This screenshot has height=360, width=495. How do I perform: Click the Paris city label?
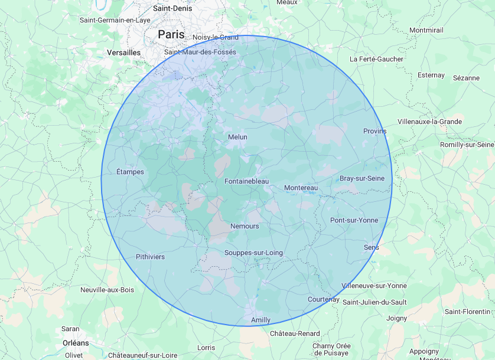171,35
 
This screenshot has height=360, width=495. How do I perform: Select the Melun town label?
237,137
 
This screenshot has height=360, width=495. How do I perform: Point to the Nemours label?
245,226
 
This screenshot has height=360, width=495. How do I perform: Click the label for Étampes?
130,172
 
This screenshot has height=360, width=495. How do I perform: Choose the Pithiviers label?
150,257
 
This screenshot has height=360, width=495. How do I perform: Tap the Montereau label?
301,188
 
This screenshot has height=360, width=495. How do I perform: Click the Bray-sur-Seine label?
362,178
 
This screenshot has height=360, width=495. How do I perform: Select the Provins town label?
374,131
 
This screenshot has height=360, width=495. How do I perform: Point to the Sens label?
372,247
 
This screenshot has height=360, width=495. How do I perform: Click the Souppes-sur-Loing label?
253,253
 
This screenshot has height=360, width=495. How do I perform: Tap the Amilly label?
260,320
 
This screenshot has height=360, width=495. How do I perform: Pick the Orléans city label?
76,342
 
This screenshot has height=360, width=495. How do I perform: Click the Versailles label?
124,53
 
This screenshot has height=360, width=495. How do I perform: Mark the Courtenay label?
323,299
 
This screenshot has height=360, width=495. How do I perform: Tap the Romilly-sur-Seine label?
467,145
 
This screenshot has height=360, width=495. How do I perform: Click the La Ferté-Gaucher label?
376,59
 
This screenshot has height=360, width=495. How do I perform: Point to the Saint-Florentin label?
468,311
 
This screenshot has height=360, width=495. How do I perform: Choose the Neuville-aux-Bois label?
108,290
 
